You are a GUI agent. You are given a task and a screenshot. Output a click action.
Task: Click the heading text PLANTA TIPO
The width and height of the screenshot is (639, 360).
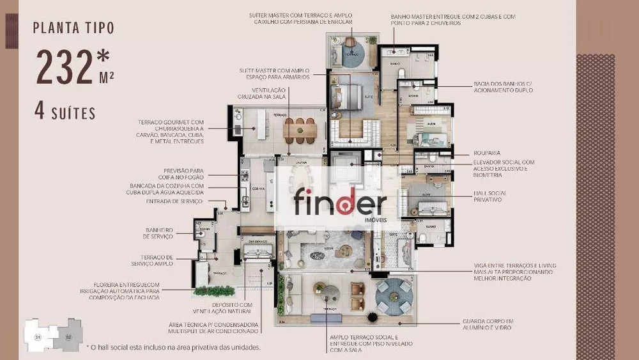pyautogui.click(x=74, y=27)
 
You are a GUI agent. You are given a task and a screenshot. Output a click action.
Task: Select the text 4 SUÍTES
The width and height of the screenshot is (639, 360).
pyautogui.click(x=65, y=113)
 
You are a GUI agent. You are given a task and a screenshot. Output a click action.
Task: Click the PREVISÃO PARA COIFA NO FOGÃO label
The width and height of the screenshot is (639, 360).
pyautogui.click(x=183, y=174)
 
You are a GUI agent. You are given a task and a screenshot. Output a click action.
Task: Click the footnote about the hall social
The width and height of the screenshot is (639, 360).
pyautogui.click(x=173, y=347)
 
